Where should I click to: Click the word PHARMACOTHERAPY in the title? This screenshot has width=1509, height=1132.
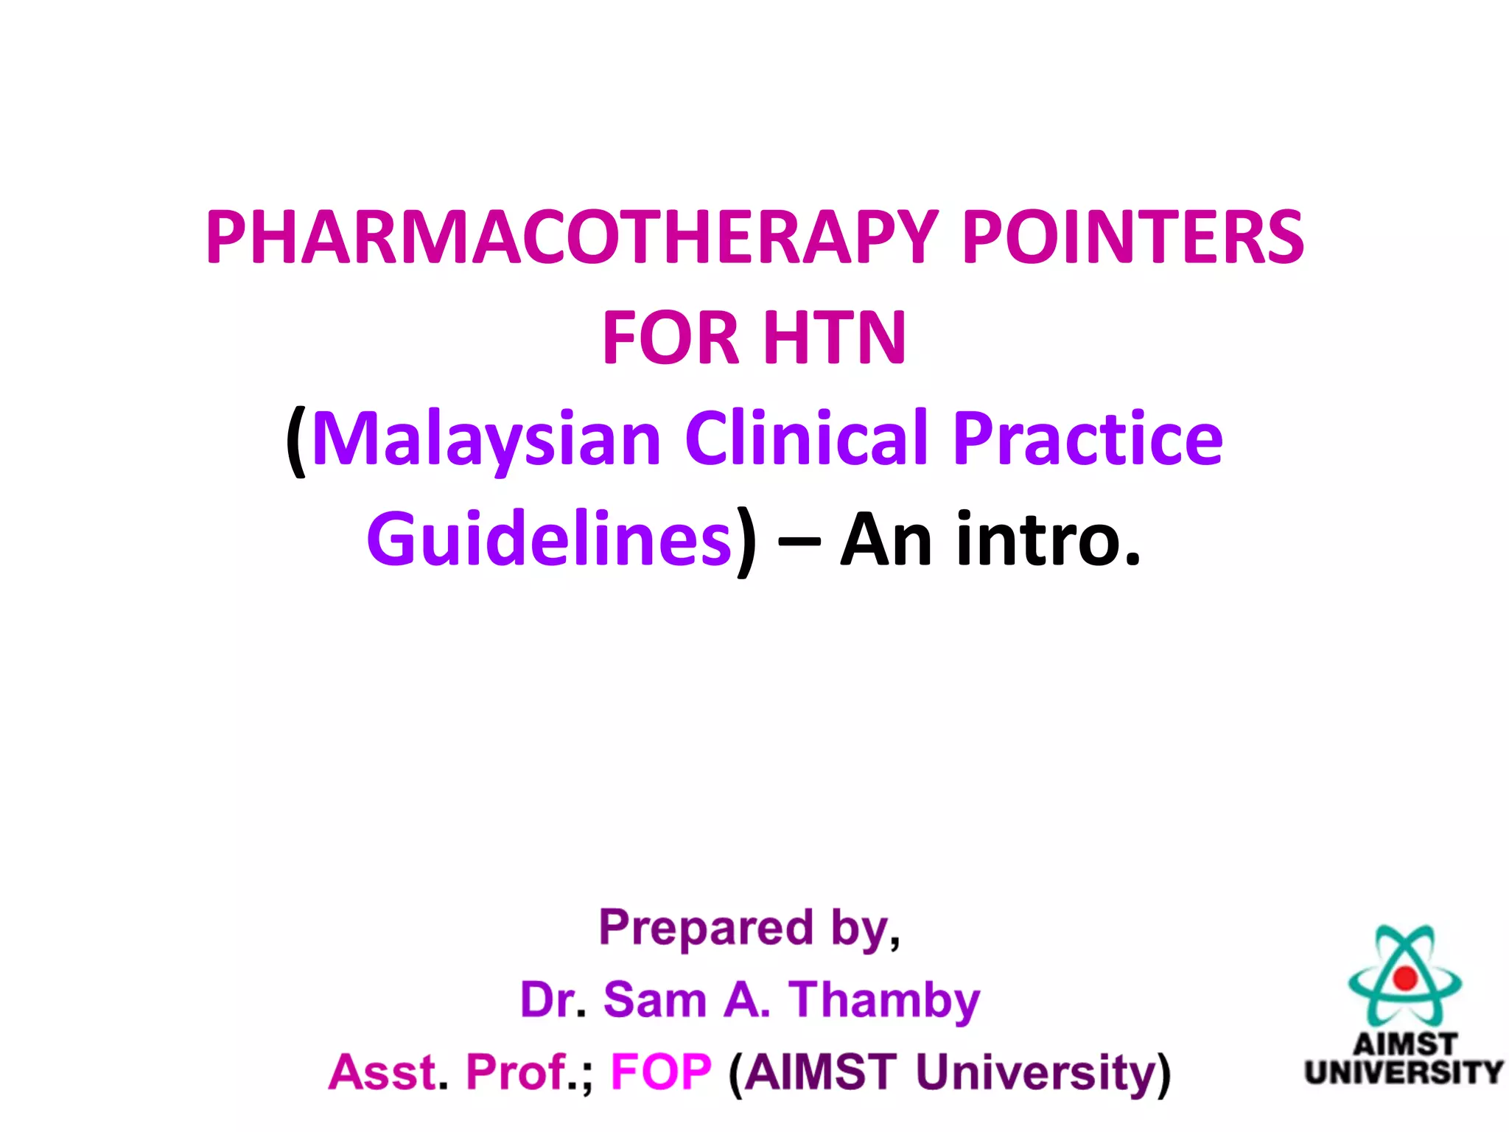click(x=572, y=237)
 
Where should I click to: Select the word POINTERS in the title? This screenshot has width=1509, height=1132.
click(x=1132, y=237)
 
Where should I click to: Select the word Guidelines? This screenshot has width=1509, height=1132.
click(x=549, y=539)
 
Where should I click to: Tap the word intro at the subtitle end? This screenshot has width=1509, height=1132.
click(x=1046, y=539)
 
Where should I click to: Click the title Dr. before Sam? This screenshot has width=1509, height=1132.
click(x=548, y=1000)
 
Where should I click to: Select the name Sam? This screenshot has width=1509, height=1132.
click(x=655, y=1000)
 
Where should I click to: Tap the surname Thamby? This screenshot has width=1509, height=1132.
click(x=884, y=1002)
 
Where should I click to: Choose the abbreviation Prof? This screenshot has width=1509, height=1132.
click(x=517, y=1072)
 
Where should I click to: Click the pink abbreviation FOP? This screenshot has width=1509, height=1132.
click(x=661, y=1072)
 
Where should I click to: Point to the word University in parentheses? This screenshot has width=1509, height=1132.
click(x=1035, y=1073)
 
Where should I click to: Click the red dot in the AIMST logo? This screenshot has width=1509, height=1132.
click(x=1405, y=978)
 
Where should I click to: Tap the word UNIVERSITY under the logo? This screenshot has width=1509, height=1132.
click(x=1404, y=1072)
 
